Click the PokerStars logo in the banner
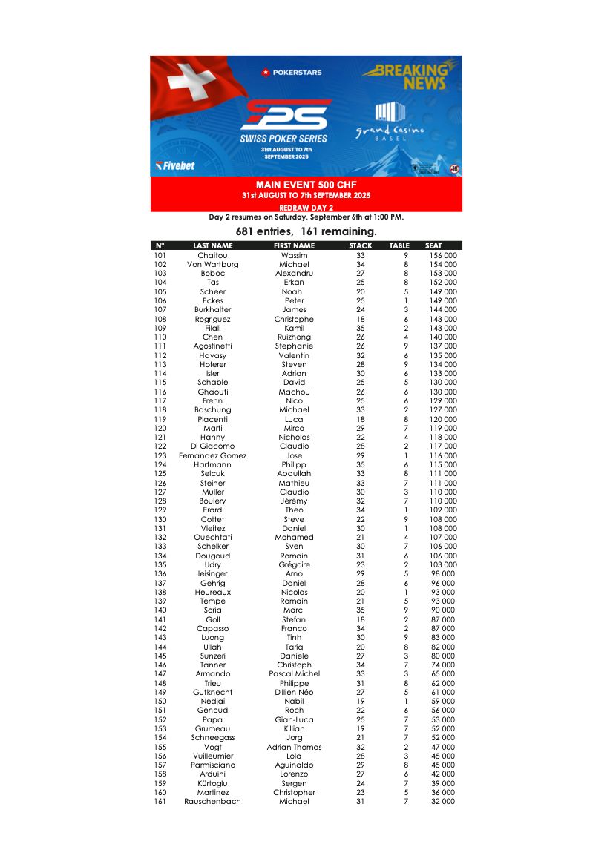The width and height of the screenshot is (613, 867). pos(292,72)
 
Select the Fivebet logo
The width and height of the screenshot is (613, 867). pos(175,165)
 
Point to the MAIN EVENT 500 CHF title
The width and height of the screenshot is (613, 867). pos(306,185)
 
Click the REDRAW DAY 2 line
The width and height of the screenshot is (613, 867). pos(306,208)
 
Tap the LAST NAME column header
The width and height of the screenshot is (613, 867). pos(212,245)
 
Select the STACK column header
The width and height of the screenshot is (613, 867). pos(361,245)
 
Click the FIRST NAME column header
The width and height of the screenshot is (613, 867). pos(294,245)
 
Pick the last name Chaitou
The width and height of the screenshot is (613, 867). pos(212,255)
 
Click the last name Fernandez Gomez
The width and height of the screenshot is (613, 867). pos(212,455)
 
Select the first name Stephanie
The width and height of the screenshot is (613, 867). pos(294,346)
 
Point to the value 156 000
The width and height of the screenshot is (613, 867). pos(443,255)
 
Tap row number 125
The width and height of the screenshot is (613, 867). pos(160,474)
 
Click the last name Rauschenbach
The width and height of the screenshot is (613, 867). pos(212,802)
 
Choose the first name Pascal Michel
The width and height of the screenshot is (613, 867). pos(294,674)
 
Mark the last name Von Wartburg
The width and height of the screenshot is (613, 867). pos(212,265)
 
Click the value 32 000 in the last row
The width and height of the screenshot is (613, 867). pos(443,802)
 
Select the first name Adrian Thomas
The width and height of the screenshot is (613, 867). pos(294,747)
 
